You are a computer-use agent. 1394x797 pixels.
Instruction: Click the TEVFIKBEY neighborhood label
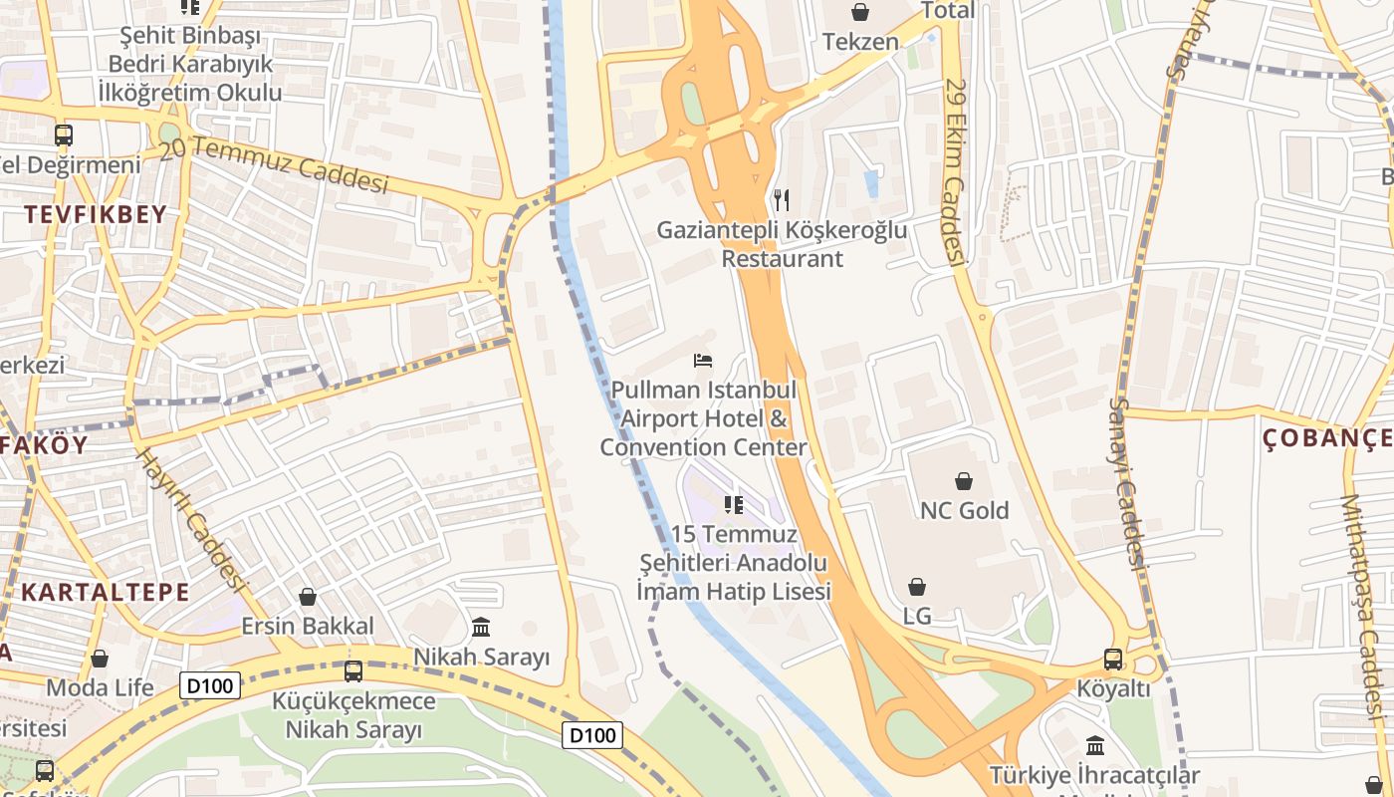click(96, 214)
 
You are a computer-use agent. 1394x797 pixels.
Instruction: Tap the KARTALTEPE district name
click(105, 592)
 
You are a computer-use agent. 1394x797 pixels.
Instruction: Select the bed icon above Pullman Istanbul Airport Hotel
click(703, 359)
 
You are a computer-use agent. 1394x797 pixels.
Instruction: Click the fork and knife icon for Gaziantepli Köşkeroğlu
click(782, 200)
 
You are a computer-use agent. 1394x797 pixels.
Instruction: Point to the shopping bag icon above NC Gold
click(964, 481)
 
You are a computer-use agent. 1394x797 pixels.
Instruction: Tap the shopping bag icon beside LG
click(917, 587)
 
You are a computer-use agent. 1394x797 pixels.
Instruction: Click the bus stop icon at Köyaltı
click(1113, 660)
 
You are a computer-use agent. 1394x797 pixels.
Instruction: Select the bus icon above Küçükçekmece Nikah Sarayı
click(353, 670)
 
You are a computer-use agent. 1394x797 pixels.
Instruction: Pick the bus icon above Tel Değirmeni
click(64, 134)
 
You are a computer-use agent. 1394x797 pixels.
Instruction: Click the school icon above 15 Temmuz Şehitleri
click(734, 505)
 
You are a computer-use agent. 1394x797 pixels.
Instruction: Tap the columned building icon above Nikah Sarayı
click(482, 627)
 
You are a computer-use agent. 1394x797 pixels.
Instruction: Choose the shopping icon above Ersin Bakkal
click(308, 596)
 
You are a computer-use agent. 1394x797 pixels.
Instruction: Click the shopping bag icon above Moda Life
click(100, 658)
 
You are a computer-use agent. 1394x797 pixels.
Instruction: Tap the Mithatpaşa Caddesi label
click(1364, 608)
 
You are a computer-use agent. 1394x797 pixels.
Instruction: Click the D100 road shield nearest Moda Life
click(210, 684)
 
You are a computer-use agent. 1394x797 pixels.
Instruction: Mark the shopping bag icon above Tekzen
click(860, 12)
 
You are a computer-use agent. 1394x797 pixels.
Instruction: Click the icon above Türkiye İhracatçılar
click(1095, 745)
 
